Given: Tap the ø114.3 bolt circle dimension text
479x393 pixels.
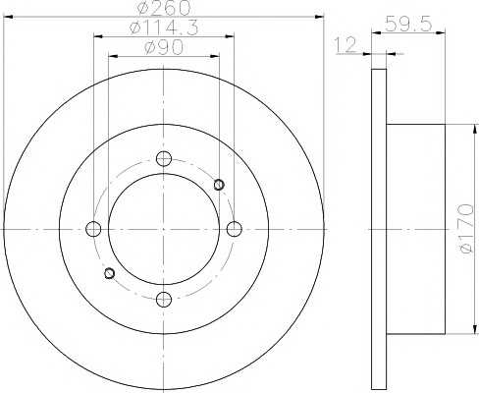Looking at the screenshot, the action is click(x=164, y=28).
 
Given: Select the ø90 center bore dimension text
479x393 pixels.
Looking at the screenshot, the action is click(x=164, y=48).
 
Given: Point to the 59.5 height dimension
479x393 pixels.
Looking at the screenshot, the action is click(x=408, y=24).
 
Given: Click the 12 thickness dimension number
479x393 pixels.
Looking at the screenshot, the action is click(x=346, y=45).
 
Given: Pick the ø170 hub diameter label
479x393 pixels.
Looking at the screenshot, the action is click(x=466, y=229).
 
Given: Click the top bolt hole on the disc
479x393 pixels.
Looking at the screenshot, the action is click(x=164, y=159).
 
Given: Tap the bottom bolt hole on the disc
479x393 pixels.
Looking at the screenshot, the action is click(x=164, y=299).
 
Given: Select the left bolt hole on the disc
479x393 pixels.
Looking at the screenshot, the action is click(x=93, y=229).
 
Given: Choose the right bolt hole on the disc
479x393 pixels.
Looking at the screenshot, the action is click(x=235, y=229).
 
